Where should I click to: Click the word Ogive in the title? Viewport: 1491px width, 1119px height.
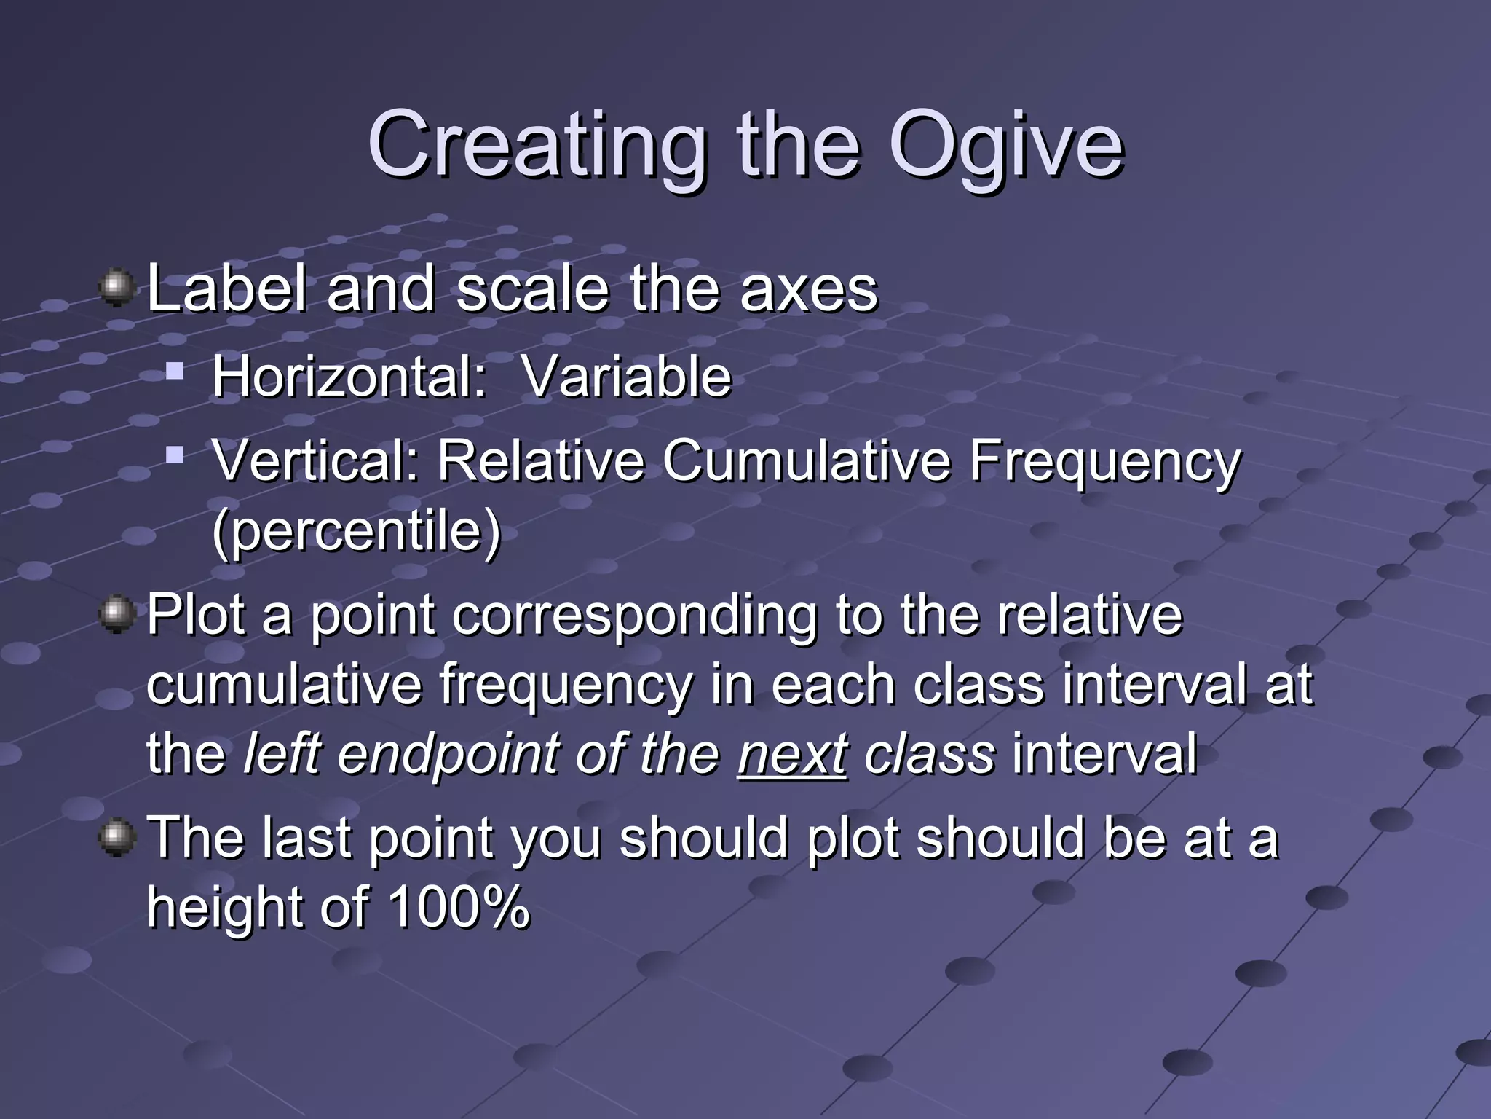click(x=1006, y=146)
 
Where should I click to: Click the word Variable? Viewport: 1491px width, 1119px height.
click(x=627, y=377)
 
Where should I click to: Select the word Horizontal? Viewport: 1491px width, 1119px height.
click(x=349, y=377)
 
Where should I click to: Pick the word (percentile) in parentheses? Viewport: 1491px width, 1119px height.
click(x=357, y=531)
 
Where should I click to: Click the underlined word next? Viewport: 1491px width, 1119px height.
click(x=792, y=754)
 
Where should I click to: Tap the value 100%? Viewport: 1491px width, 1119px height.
click(x=459, y=907)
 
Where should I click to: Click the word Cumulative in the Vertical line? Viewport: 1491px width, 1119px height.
click(x=806, y=460)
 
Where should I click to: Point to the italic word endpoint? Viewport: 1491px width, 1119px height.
click(x=447, y=755)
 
